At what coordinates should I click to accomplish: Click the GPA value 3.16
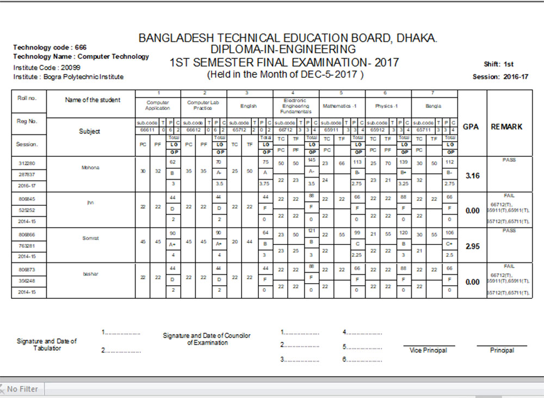click(x=472, y=176)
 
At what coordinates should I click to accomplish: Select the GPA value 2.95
click(x=472, y=246)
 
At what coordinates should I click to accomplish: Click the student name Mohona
click(x=89, y=168)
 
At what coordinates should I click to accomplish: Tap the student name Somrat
click(x=89, y=238)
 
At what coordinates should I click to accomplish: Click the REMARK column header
click(x=506, y=126)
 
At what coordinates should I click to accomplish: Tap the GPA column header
click(x=471, y=126)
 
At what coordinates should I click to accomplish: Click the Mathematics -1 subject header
click(x=341, y=106)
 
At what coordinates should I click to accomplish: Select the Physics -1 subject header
click(x=387, y=106)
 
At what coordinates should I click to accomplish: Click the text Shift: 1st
click(x=498, y=64)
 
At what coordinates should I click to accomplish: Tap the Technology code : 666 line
click(x=50, y=47)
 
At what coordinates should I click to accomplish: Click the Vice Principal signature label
click(x=428, y=350)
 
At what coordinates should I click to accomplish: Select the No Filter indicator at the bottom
click(x=22, y=389)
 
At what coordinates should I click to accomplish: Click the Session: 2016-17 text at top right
click(x=500, y=77)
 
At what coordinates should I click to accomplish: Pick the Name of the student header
click(x=92, y=100)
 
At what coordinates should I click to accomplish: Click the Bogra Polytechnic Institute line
click(x=68, y=77)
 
